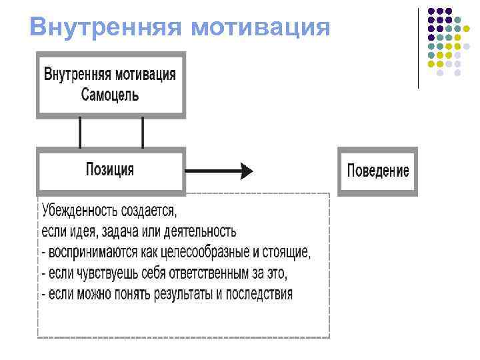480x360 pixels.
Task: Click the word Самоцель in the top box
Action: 110,94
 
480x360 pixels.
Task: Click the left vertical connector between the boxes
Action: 80,132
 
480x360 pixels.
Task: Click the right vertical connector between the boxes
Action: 143,132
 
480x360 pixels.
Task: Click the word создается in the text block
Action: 149,211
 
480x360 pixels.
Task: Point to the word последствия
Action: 259,294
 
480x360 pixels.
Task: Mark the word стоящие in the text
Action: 288,253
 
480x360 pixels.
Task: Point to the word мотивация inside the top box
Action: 145,73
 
